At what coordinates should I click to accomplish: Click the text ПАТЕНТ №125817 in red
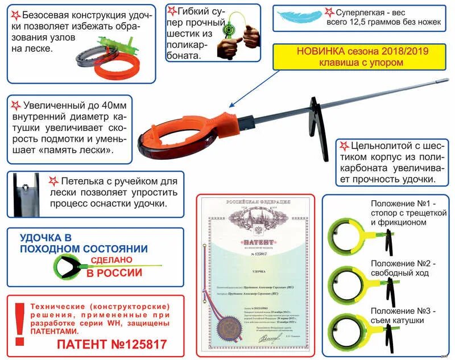point(111,344)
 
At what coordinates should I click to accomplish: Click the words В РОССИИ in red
point(114,272)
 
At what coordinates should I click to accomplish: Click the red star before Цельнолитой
point(344,146)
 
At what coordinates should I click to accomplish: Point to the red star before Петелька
point(53,181)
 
